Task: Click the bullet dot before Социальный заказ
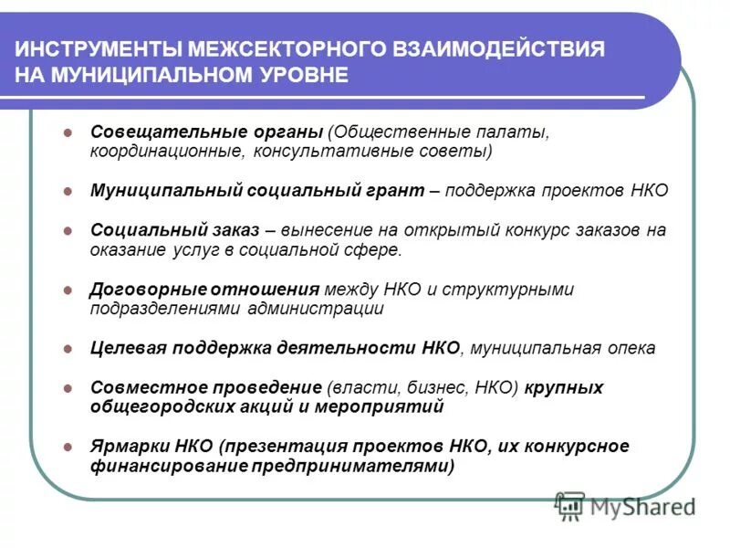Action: pyautogui.click(x=68, y=231)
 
